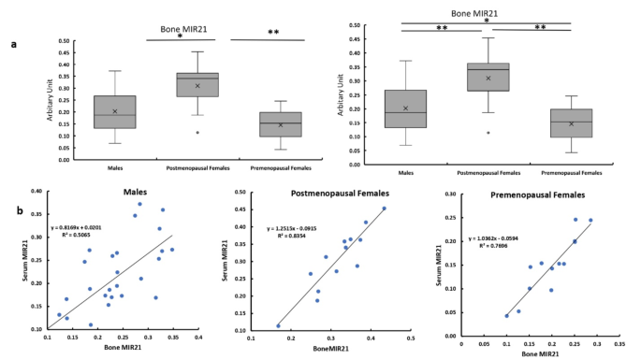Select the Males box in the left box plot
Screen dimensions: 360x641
coord(115,111)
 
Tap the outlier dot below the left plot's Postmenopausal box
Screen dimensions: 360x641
coord(197,133)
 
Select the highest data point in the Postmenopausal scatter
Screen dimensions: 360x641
coord(384,209)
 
